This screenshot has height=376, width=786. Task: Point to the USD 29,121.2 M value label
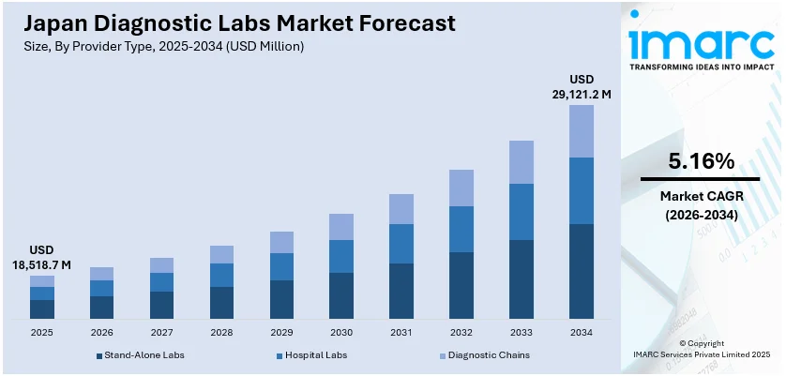coord(582,87)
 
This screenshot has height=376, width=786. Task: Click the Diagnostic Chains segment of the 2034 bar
coord(582,131)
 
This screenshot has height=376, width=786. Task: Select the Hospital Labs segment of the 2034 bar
coord(582,190)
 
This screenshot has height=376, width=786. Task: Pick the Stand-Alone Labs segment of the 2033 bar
coord(521,279)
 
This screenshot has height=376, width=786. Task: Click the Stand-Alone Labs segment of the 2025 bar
coord(42,309)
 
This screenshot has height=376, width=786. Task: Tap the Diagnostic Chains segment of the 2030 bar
coord(341,227)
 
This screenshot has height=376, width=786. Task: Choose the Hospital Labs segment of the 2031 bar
coord(401,244)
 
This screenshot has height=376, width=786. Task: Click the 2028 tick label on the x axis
coord(221,332)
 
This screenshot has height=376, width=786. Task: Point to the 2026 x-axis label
coord(101,332)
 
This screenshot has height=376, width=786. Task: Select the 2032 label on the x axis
coord(461,332)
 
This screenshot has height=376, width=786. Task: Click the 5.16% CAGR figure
coord(700,161)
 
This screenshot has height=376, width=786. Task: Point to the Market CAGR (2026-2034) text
coord(700,205)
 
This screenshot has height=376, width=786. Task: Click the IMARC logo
coord(700,42)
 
